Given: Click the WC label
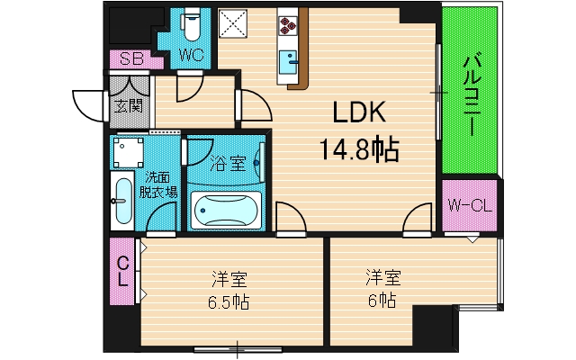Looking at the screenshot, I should (x=191, y=56).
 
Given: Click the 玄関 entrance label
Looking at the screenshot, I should (x=127, y=107).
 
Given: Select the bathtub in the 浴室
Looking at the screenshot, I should (x=225, y=209).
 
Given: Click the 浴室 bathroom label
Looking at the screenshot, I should (x=229, y=164).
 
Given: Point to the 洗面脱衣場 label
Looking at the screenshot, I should (x=159, y=184).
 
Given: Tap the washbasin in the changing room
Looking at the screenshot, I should (x=122, y=202).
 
